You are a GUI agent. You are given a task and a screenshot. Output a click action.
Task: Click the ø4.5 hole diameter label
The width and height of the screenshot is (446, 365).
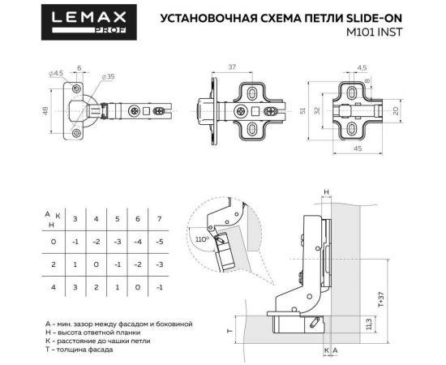point(55,74)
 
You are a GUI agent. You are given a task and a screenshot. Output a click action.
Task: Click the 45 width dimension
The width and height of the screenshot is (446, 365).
point(358,148)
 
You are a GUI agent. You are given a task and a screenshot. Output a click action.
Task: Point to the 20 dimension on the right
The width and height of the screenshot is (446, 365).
point(396,110)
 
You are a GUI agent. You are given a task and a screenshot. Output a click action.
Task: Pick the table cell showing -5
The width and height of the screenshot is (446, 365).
point(160,242)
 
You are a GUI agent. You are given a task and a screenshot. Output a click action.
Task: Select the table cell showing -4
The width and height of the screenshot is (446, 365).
point(139,242)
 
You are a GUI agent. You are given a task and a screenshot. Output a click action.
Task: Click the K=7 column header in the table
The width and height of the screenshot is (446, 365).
point(160,219)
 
